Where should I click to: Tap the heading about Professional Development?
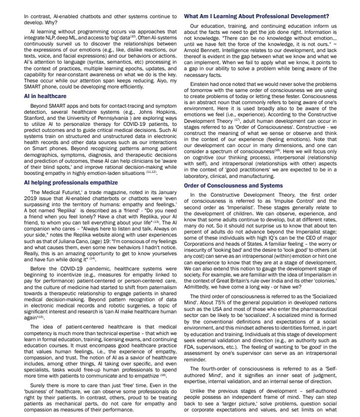pyautogui.click(x=257, y=16)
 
